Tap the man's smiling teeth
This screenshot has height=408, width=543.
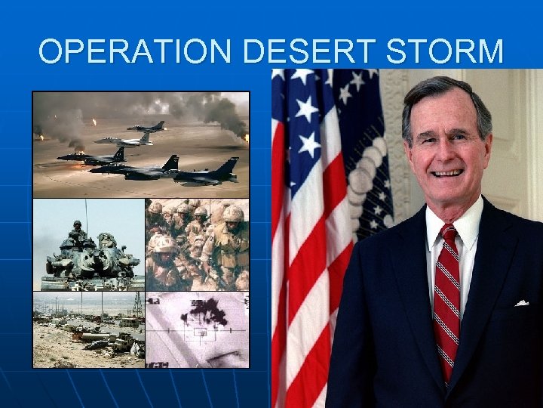click(447, 173)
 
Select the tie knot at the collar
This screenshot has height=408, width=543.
click(448, 231)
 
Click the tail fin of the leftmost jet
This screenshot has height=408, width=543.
click(118, 153)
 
